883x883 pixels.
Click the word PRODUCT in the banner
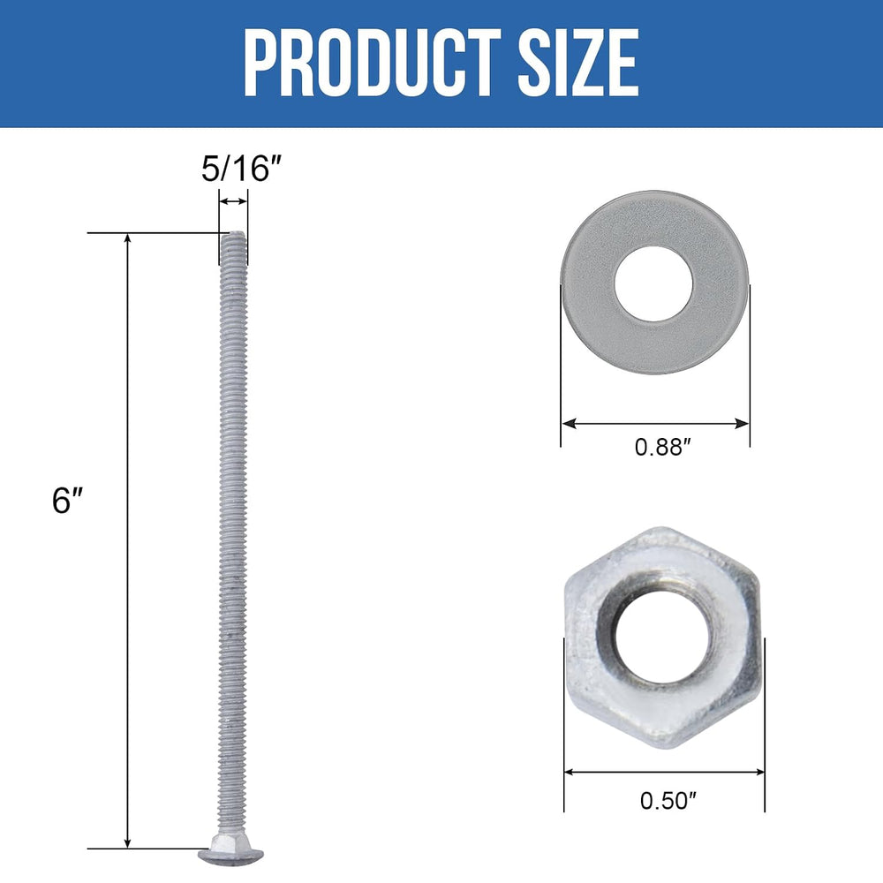[373, 62]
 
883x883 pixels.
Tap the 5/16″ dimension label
[241, 169]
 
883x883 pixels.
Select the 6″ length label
[68, 500]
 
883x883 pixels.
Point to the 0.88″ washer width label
[662, 447]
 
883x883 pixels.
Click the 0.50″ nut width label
[668, 801]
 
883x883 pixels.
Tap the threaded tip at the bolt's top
[233, 239]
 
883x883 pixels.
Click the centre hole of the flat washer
[653, 283]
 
